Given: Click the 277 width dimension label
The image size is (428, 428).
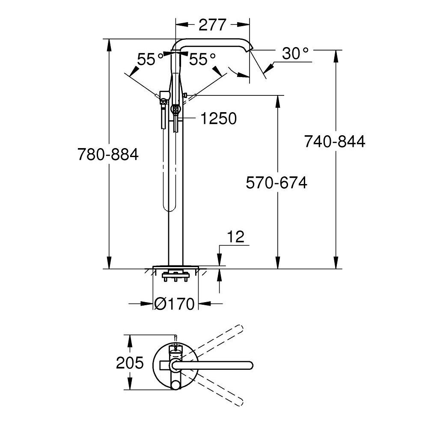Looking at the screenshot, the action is [212, 25].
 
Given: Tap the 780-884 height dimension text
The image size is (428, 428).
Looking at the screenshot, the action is [108, 154].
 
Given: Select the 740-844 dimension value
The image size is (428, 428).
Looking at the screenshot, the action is [335, 142].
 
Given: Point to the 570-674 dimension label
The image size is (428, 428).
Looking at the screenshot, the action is [276, 183].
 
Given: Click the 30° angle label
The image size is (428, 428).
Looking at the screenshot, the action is [295, 53].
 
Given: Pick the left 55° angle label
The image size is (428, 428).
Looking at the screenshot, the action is [150, 59].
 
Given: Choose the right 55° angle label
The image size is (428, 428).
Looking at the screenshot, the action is [202, 59].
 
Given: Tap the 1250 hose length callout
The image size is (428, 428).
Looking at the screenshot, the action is [219, 119].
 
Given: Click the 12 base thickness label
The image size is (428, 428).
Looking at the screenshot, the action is [235, 237].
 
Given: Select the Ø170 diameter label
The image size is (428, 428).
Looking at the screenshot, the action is [175, 303].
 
